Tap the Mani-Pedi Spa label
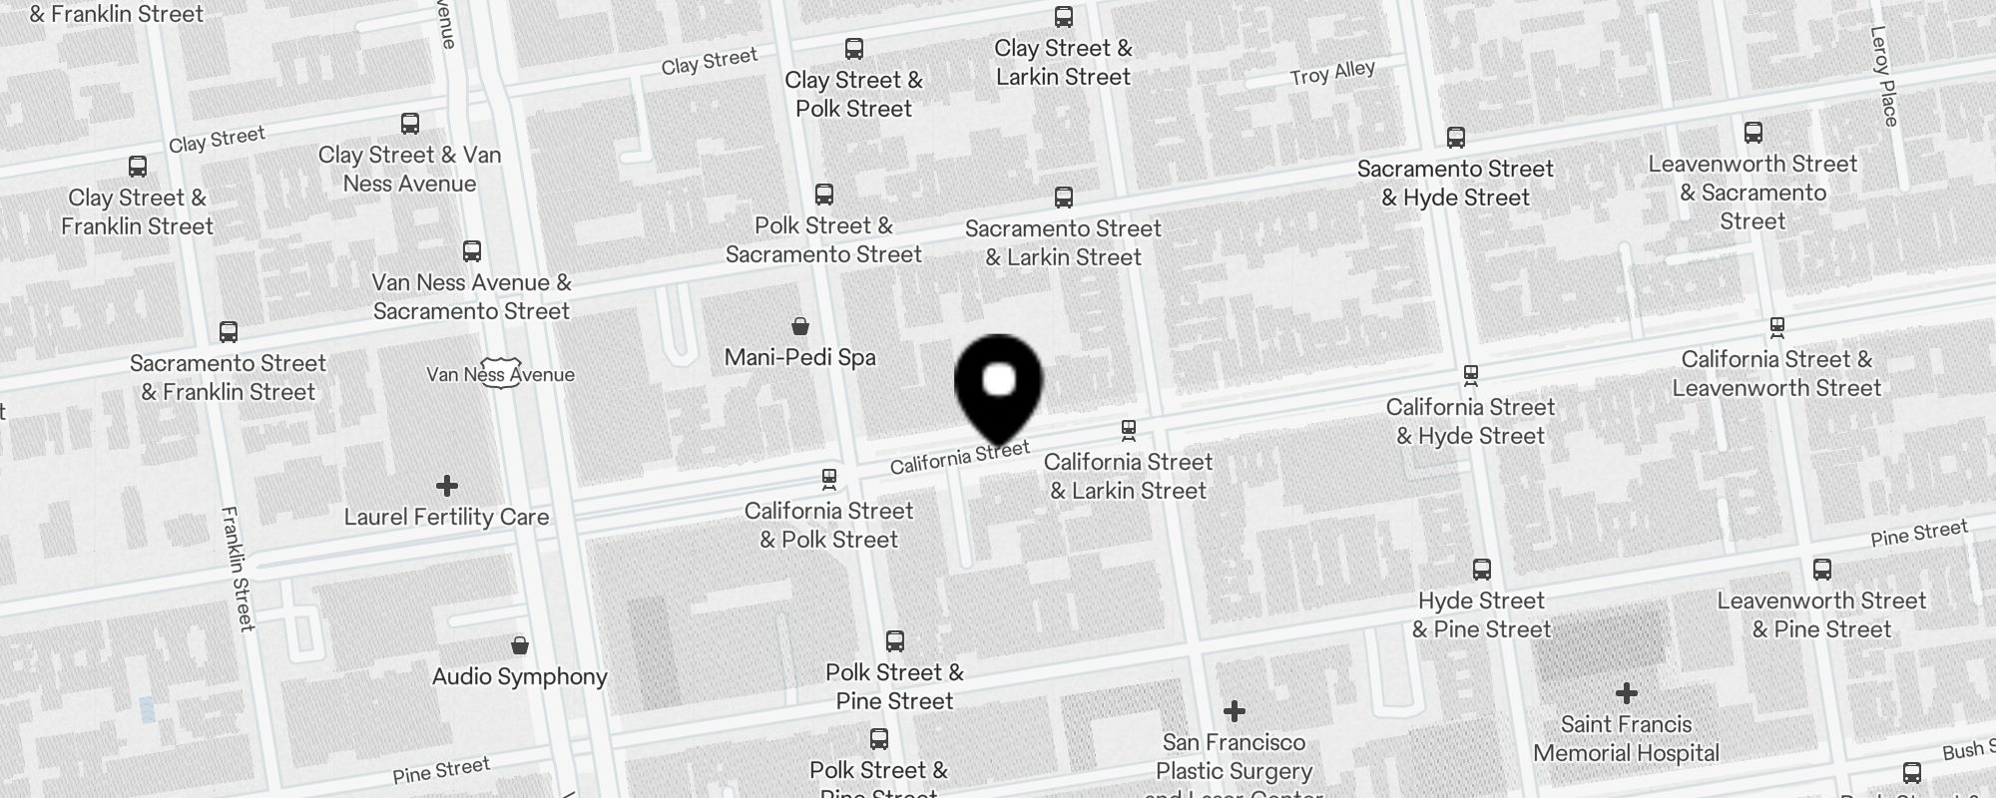[799, 357]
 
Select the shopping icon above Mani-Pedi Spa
[799, 325]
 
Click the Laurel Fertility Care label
[446, 517]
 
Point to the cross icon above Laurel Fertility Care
[446, 486]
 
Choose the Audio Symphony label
[519, 676]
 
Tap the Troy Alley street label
[1331, 73]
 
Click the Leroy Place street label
[1883, 76]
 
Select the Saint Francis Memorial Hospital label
[1626, 738]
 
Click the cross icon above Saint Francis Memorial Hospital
[1626, 692]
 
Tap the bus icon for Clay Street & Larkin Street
[1064, 17]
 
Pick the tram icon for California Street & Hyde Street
[1470, 376]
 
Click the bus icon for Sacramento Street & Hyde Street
[1456, 138]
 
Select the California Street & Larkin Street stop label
[1128, 476]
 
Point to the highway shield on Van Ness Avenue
[499, 373]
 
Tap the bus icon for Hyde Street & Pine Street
[1482, 570]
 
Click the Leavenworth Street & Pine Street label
[1821, 614]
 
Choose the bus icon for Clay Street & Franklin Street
[138, 167]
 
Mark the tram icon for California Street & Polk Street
[828, 480]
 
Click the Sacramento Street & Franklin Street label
[228, 377]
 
